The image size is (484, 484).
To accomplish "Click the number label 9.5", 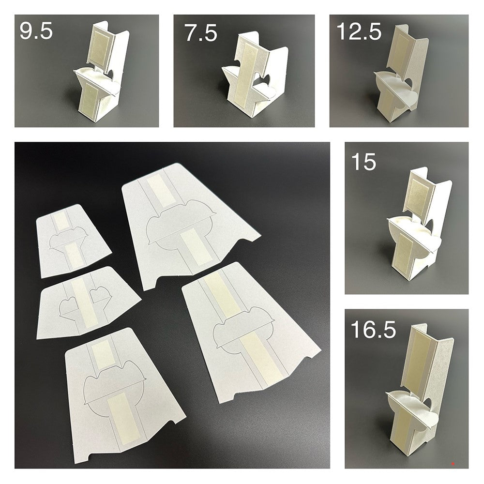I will (36, 32).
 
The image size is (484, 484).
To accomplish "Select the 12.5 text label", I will (359, 32).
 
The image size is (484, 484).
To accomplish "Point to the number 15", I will (363, 161).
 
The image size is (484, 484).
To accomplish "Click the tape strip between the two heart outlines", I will (82, 300).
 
